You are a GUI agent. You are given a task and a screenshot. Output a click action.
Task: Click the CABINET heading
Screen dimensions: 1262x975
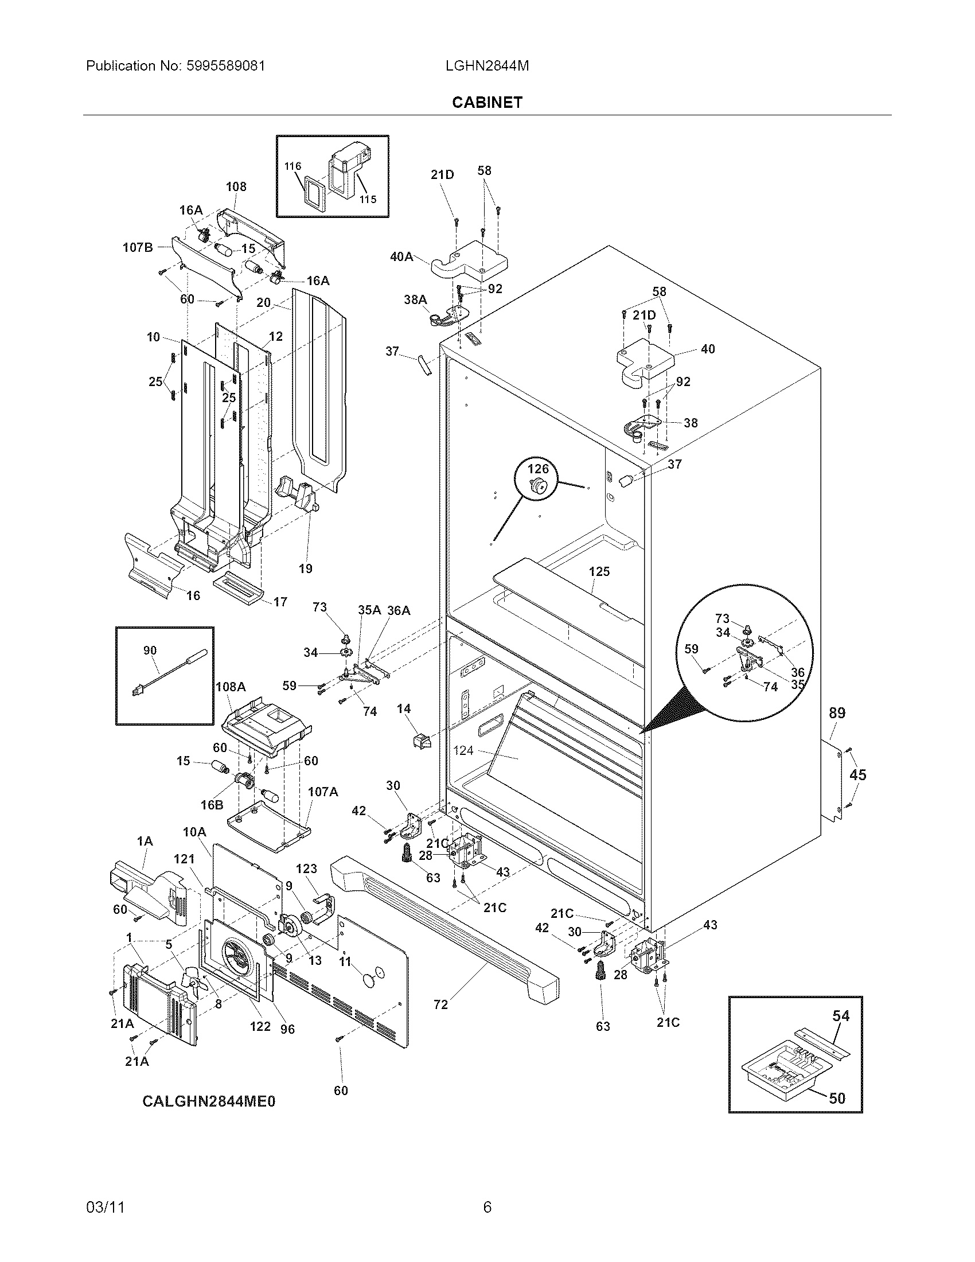pyautogui.click(x=487, y=102)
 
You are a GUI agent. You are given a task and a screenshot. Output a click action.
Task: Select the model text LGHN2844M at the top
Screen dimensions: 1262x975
pyautogui.click(x=487, y=66)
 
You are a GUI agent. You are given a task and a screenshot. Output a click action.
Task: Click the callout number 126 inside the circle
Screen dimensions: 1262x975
pyautogui.click(x=538, y=469)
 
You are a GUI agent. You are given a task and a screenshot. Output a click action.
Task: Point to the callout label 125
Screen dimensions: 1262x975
pyautogui.click(x=599, y=571)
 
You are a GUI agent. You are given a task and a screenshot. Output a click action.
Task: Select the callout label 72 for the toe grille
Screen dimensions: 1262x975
pyautogui.click(x=440, y=1005)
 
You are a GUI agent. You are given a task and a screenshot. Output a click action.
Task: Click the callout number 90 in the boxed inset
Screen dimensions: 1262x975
pyautogui.click(x=150, y=651)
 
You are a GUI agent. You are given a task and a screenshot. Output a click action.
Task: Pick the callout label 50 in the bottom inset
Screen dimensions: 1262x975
pyautogui.click(x=837, y=1098)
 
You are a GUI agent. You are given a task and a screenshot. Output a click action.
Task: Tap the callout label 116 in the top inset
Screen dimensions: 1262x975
pyautogui.click(x=293, y=166)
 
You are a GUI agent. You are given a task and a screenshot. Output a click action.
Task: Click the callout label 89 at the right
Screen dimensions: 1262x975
pyautogui.click(x=837, y=713)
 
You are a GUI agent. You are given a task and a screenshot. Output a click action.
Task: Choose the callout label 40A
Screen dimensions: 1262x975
pyautogui.click(x=401, y=256)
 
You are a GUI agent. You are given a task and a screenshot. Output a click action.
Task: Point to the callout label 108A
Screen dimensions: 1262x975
pyautogui.click(x=231, y=687)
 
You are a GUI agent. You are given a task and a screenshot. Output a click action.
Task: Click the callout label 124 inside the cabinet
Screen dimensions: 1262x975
pyautogui.click(x=463, y=751)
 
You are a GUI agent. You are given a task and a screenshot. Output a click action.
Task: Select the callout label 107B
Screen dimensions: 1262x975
pyautogui.click(x=138, y=248)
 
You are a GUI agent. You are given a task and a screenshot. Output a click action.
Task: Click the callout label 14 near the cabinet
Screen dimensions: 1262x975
pyautogui.click(x=404, y=708)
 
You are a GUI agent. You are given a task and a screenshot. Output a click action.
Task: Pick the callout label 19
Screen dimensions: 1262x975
pyautogui.click(x=305, y=568)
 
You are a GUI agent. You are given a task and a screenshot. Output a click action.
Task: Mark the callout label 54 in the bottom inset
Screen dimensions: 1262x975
pyautogui.click(x=840, y=1016)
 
